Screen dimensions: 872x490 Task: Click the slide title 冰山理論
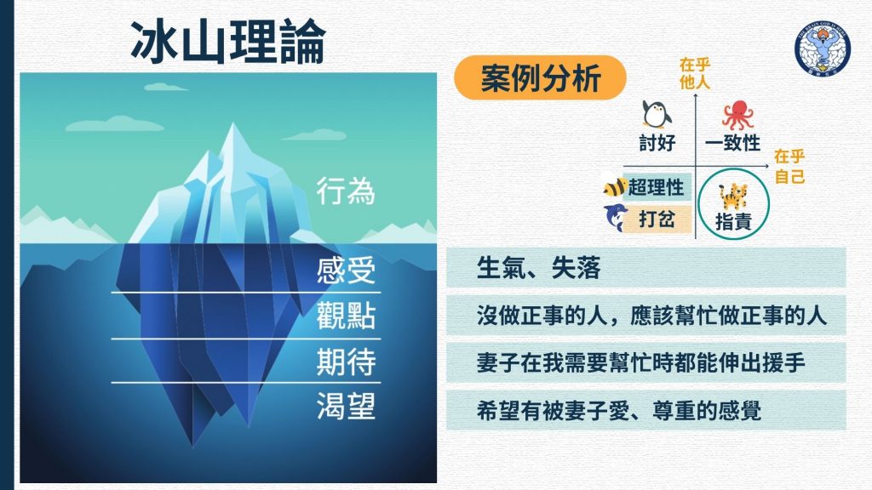(228, 43)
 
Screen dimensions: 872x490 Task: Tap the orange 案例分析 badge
(540, 77)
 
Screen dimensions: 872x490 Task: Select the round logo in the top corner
(823, 48)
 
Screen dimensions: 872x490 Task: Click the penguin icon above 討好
(657, 115)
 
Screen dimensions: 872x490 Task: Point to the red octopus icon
(737, 115)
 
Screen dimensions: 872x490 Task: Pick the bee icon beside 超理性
(614, 185)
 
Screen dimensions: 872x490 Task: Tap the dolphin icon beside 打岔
(616, 217)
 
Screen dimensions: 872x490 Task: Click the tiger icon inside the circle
(733, 197)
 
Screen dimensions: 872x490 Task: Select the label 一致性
(732, 143)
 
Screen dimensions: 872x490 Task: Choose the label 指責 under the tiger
(733, 222)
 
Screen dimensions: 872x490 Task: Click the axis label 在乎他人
(695, 74)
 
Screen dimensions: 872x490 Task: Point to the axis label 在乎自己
(789, 166)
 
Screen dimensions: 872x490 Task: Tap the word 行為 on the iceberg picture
(346, 191)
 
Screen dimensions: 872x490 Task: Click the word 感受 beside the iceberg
(346, 271)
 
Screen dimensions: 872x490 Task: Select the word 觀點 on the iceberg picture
(346, 316)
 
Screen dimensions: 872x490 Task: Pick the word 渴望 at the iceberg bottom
(346, 406)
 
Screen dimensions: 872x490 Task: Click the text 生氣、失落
(538, 268)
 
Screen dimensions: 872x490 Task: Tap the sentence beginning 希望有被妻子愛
(618, 411)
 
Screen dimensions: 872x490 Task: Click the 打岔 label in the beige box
(657, 219)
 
